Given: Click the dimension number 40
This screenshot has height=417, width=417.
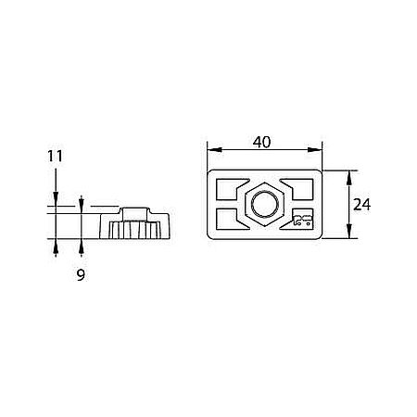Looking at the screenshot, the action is pos(261,142).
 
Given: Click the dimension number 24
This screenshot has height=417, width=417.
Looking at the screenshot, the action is pos(361,205).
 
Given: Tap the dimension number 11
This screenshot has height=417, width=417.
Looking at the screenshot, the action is pos(55,156).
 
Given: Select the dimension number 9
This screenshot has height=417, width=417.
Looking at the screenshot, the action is pos(81,275).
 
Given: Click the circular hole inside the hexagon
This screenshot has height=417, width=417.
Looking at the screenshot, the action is pos(265,204).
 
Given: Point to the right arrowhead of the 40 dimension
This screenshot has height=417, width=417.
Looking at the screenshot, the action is pos(314,150).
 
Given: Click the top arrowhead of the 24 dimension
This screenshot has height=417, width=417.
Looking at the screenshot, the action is pos(349,178).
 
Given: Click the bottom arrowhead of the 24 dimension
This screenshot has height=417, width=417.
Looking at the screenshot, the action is pos(349,231).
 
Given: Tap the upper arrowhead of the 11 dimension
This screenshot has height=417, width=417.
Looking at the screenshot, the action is pos(56,198).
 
